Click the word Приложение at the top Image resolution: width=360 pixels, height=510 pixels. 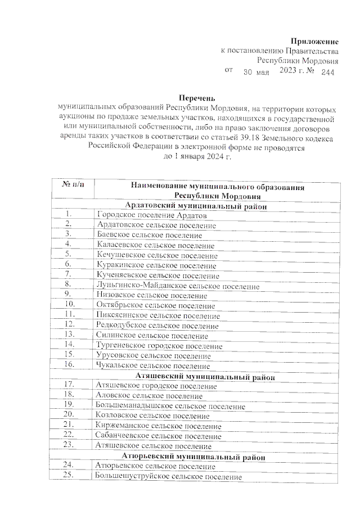point(315,41)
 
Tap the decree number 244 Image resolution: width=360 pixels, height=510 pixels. point(327,73)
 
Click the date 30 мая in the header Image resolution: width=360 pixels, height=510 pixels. point(256,73)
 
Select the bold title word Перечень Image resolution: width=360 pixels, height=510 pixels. point(196,97)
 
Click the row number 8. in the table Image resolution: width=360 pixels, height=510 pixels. point(69,285)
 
